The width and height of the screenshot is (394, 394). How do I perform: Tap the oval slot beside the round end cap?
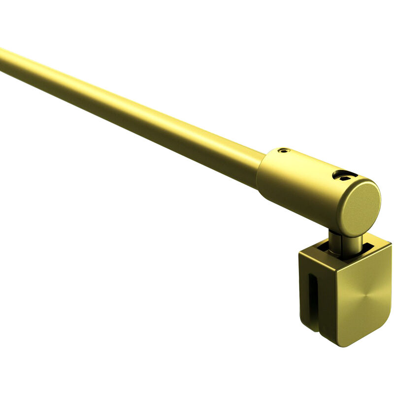[x=344, y=175]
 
